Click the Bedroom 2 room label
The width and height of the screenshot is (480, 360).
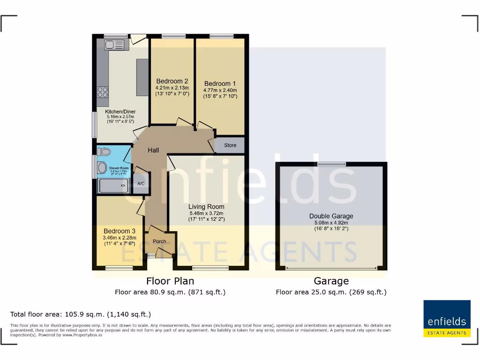pos(172,81)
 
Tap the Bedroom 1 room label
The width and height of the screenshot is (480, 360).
pos(220,84)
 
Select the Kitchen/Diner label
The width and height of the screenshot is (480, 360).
pos(114,112)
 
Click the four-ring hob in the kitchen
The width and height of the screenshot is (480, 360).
pos(103,92)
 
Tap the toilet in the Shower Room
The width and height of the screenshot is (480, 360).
pos(105,151)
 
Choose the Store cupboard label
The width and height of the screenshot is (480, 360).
pos(230,145)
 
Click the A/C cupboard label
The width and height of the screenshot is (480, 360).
pos(141,184)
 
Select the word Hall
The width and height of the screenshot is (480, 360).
pos(153,150)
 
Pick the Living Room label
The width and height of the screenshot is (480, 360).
pos(206,207)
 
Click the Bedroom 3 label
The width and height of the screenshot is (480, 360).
pos(120,231)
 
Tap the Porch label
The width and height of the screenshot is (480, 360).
pos(159,241)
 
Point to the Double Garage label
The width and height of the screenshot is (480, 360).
pos(331,216)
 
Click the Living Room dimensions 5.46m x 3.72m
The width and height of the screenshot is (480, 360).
pos(206,213)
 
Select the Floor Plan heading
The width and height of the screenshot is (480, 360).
pos(170,281)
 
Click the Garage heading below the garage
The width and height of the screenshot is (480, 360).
pos(331,281)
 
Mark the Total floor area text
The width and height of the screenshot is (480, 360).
pos(81,314)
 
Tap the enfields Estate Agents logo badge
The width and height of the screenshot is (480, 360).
pos(447,319)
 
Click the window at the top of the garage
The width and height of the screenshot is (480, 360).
pos(331,164)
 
